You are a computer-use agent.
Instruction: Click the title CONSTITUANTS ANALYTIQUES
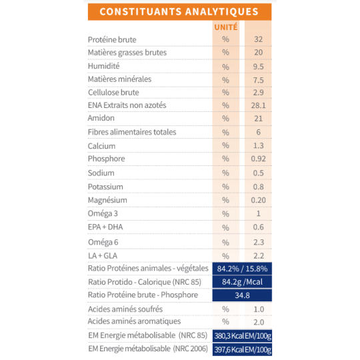tap(179, 12)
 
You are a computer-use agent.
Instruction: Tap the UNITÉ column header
tap(225, 27)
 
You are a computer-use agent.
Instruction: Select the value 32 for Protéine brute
tap(259, 40)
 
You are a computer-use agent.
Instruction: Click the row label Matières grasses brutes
tap(127, 53)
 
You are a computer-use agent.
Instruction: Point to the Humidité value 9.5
tap(259, 66)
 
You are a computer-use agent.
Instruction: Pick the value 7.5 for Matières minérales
tap(259, 79)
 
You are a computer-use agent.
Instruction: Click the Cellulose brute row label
tap(113, 92)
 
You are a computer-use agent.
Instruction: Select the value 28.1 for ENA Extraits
tap(259, 105)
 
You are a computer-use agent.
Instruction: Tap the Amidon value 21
tap(259, 118)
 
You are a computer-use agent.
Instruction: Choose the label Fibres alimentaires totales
tap(132, 132)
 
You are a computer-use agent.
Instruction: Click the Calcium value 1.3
tap(259, 146)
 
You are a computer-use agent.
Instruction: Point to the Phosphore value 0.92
tap(259, 159)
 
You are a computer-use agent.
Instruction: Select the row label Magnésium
tap(108, 200)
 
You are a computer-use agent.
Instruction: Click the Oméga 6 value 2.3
tap(259, 242)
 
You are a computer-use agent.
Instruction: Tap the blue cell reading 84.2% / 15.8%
tap(242, 269)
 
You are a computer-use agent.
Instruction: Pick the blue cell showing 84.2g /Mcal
tap(242, 282)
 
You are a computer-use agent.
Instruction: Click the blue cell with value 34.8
tap(242, 295)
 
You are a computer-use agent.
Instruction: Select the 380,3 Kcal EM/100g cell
tap(242, 335)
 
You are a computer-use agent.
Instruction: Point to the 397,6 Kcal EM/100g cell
tap(242, 349)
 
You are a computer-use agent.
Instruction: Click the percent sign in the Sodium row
tap(225, 173)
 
